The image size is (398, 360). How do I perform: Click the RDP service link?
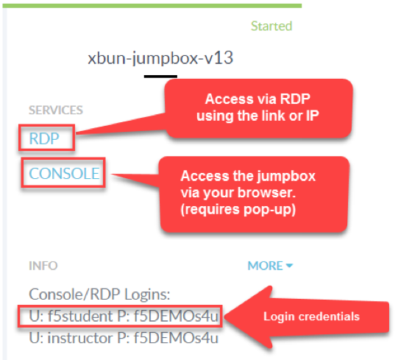pos(44,138)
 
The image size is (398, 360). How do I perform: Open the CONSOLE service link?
pos(64,174)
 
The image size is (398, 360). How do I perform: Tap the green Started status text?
pos(271,26)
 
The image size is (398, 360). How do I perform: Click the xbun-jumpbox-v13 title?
pos(160,58)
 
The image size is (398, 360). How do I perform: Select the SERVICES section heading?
pos(56,110)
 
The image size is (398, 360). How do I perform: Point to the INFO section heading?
pos(43,266)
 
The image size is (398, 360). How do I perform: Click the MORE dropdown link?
pos(270,266)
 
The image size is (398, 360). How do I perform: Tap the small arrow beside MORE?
pos(289,266)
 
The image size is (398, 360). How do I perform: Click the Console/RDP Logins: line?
pos(99,294)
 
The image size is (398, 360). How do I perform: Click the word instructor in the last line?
pos(80,338)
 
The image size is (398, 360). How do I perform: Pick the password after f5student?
pos(176,317)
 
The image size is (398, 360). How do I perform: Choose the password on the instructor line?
pos(176,338)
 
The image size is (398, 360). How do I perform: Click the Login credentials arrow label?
pos(311,317)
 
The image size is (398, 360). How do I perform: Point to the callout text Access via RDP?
pos(257,99)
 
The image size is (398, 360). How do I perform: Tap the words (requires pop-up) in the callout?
pos(238,210)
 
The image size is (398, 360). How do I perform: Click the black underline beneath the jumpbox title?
pos(160,77)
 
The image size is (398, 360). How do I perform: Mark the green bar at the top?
pos(152,6)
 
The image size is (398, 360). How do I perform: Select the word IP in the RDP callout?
pos(313,116)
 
